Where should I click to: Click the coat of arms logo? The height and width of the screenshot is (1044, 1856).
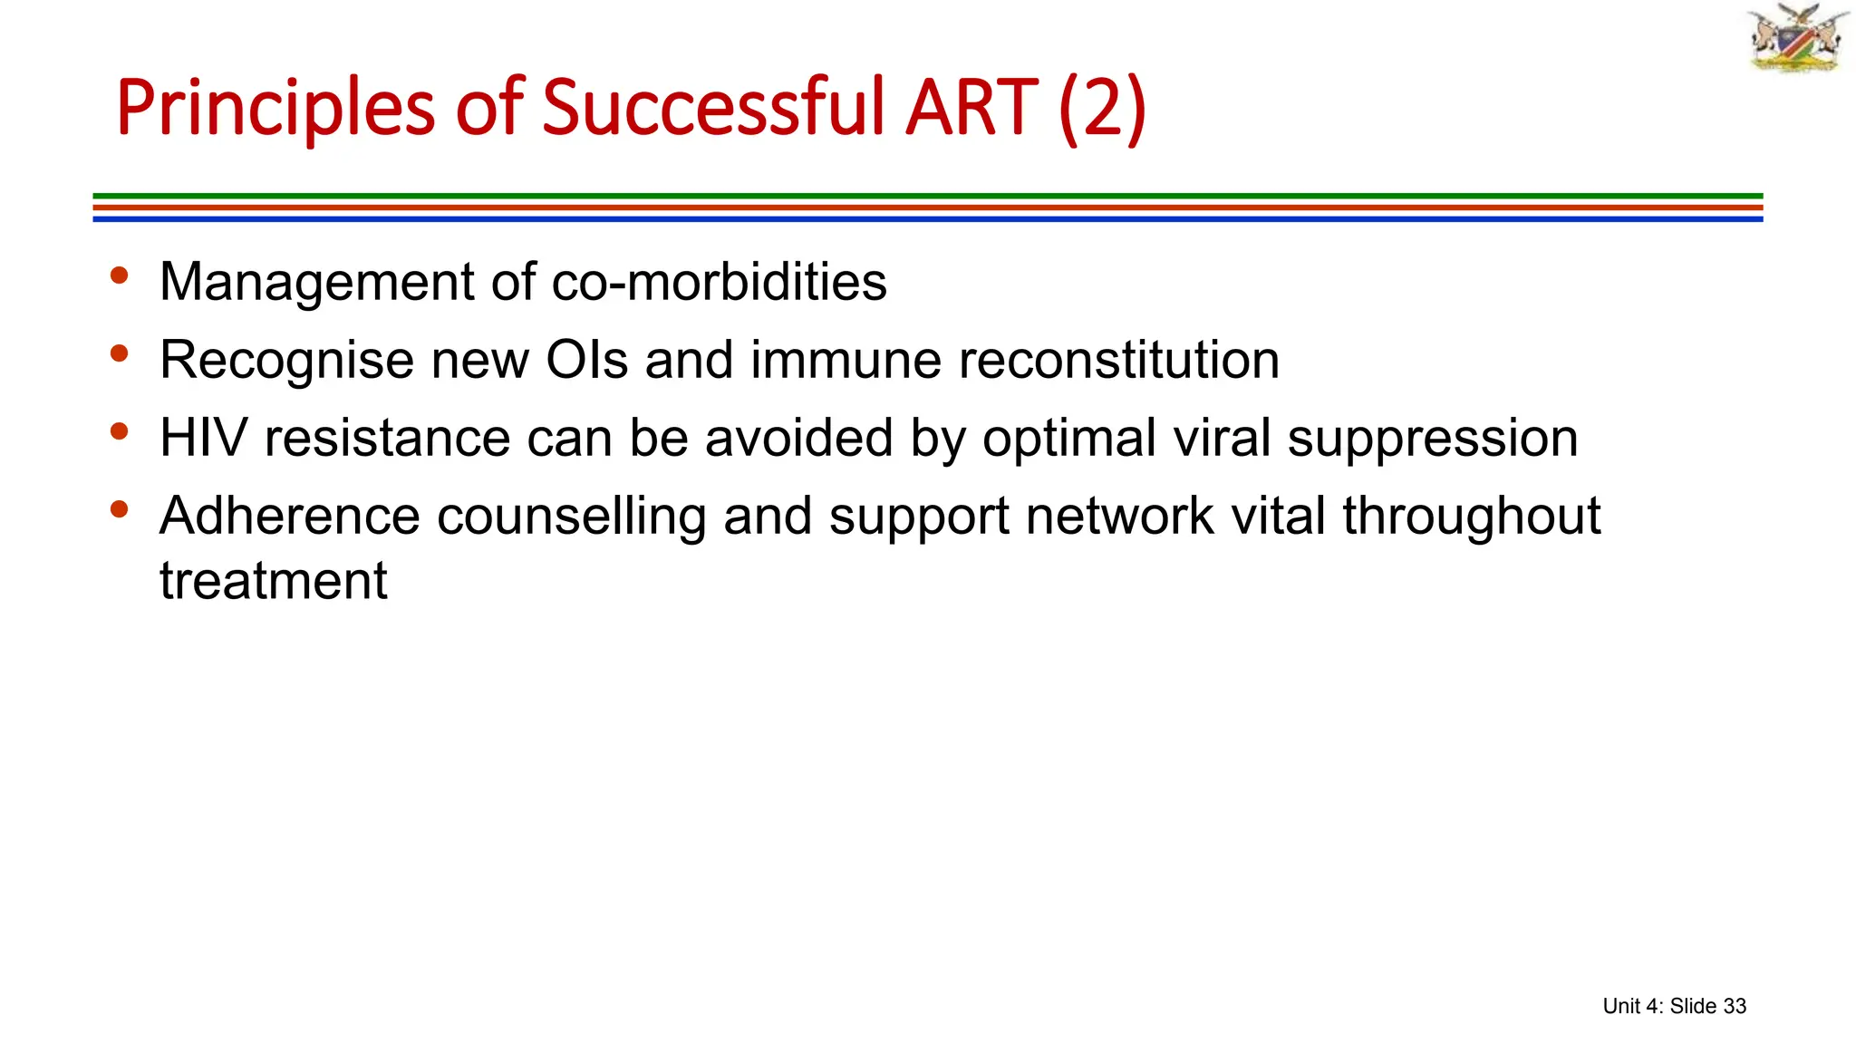(x=1797, y=37)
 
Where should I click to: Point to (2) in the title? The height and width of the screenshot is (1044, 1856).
(x=1101, y=109)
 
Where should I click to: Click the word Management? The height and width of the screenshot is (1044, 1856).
(x=316, y=282)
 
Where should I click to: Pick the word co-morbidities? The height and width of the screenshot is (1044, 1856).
(x=719, y=282)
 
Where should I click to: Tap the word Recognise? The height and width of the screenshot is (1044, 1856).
(x=286, y=361)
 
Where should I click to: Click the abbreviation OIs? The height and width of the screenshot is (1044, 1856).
(x=586, y=360)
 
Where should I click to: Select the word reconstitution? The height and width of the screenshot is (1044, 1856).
(x=1118, y=360)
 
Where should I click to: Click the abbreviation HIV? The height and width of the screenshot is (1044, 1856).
(x=203, y=438)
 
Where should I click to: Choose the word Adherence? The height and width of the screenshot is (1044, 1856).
(x=289, y=516)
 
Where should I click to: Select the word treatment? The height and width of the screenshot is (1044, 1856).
(x=273, y=581)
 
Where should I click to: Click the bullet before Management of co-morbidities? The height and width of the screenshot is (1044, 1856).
(x=119, y=275)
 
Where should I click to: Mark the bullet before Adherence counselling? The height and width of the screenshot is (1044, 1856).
(x=119, y=509)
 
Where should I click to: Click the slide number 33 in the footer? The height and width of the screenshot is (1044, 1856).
(x=1734, y=1006)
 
